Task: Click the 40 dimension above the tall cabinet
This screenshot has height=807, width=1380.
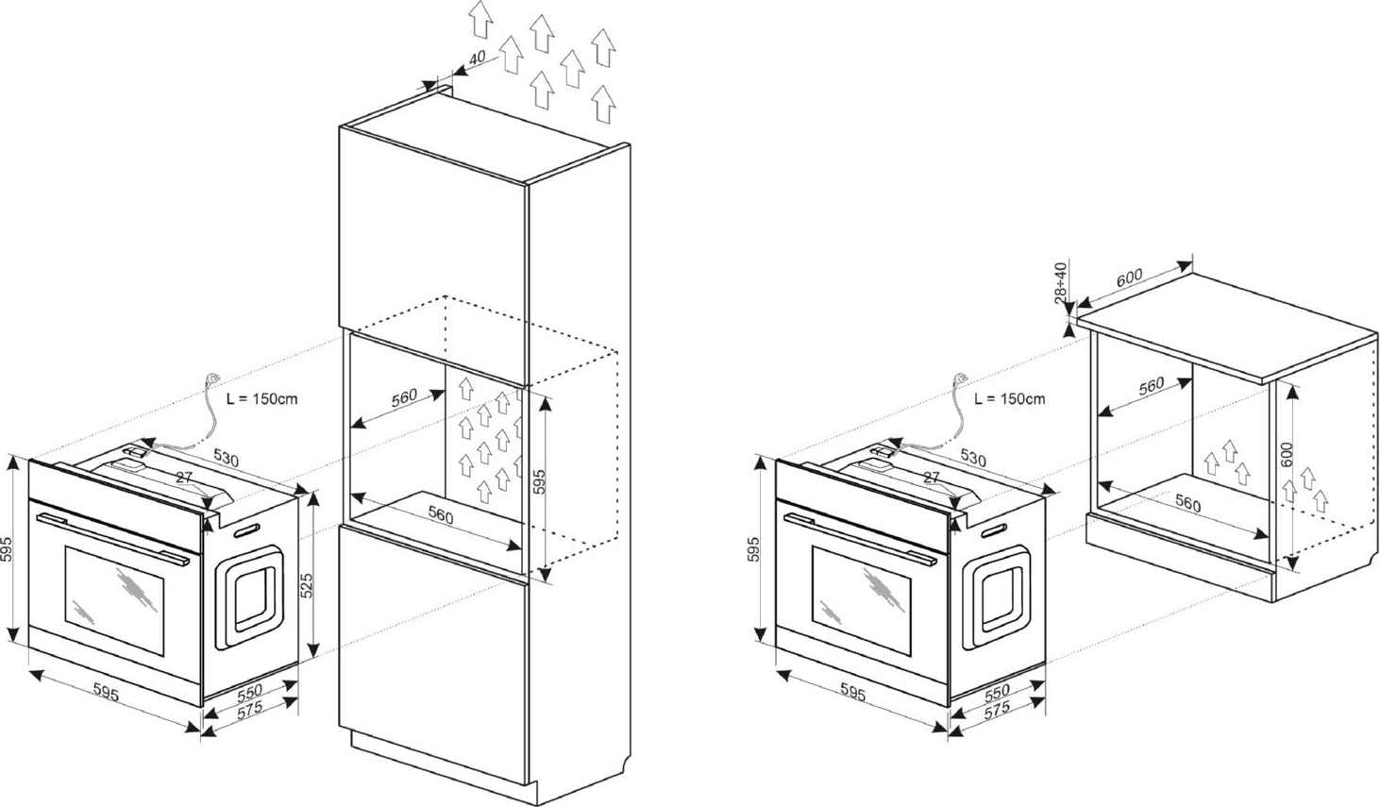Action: [477, 58]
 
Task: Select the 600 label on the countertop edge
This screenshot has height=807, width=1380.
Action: [1128, 277]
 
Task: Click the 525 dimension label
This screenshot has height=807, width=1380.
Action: [306, 586]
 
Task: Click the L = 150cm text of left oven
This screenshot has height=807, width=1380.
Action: [262, 398]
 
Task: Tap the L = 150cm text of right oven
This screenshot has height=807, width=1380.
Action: [1010, 398]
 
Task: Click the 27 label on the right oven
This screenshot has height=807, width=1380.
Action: [931, 478]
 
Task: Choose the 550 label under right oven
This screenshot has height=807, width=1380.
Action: [997, 691]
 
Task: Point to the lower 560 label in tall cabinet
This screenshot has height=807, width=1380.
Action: [441, 516]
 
